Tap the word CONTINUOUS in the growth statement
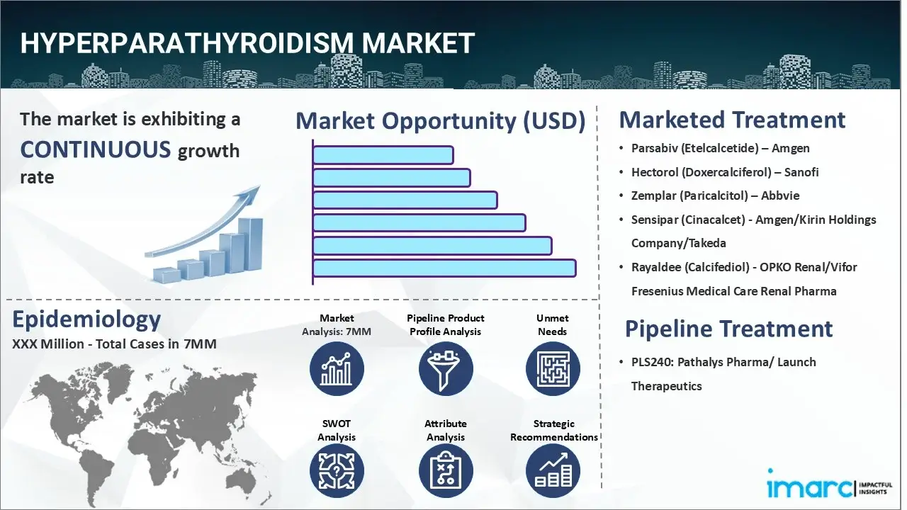[96, 149]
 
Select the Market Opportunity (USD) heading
[440, 121]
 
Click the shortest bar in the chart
[383, 155]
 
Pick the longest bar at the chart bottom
[444, 268]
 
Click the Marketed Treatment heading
[732, 120]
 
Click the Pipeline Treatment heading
[728, 329]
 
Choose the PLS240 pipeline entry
[723, 362]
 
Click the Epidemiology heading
[86, 319]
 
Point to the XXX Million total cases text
[114, 344]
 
